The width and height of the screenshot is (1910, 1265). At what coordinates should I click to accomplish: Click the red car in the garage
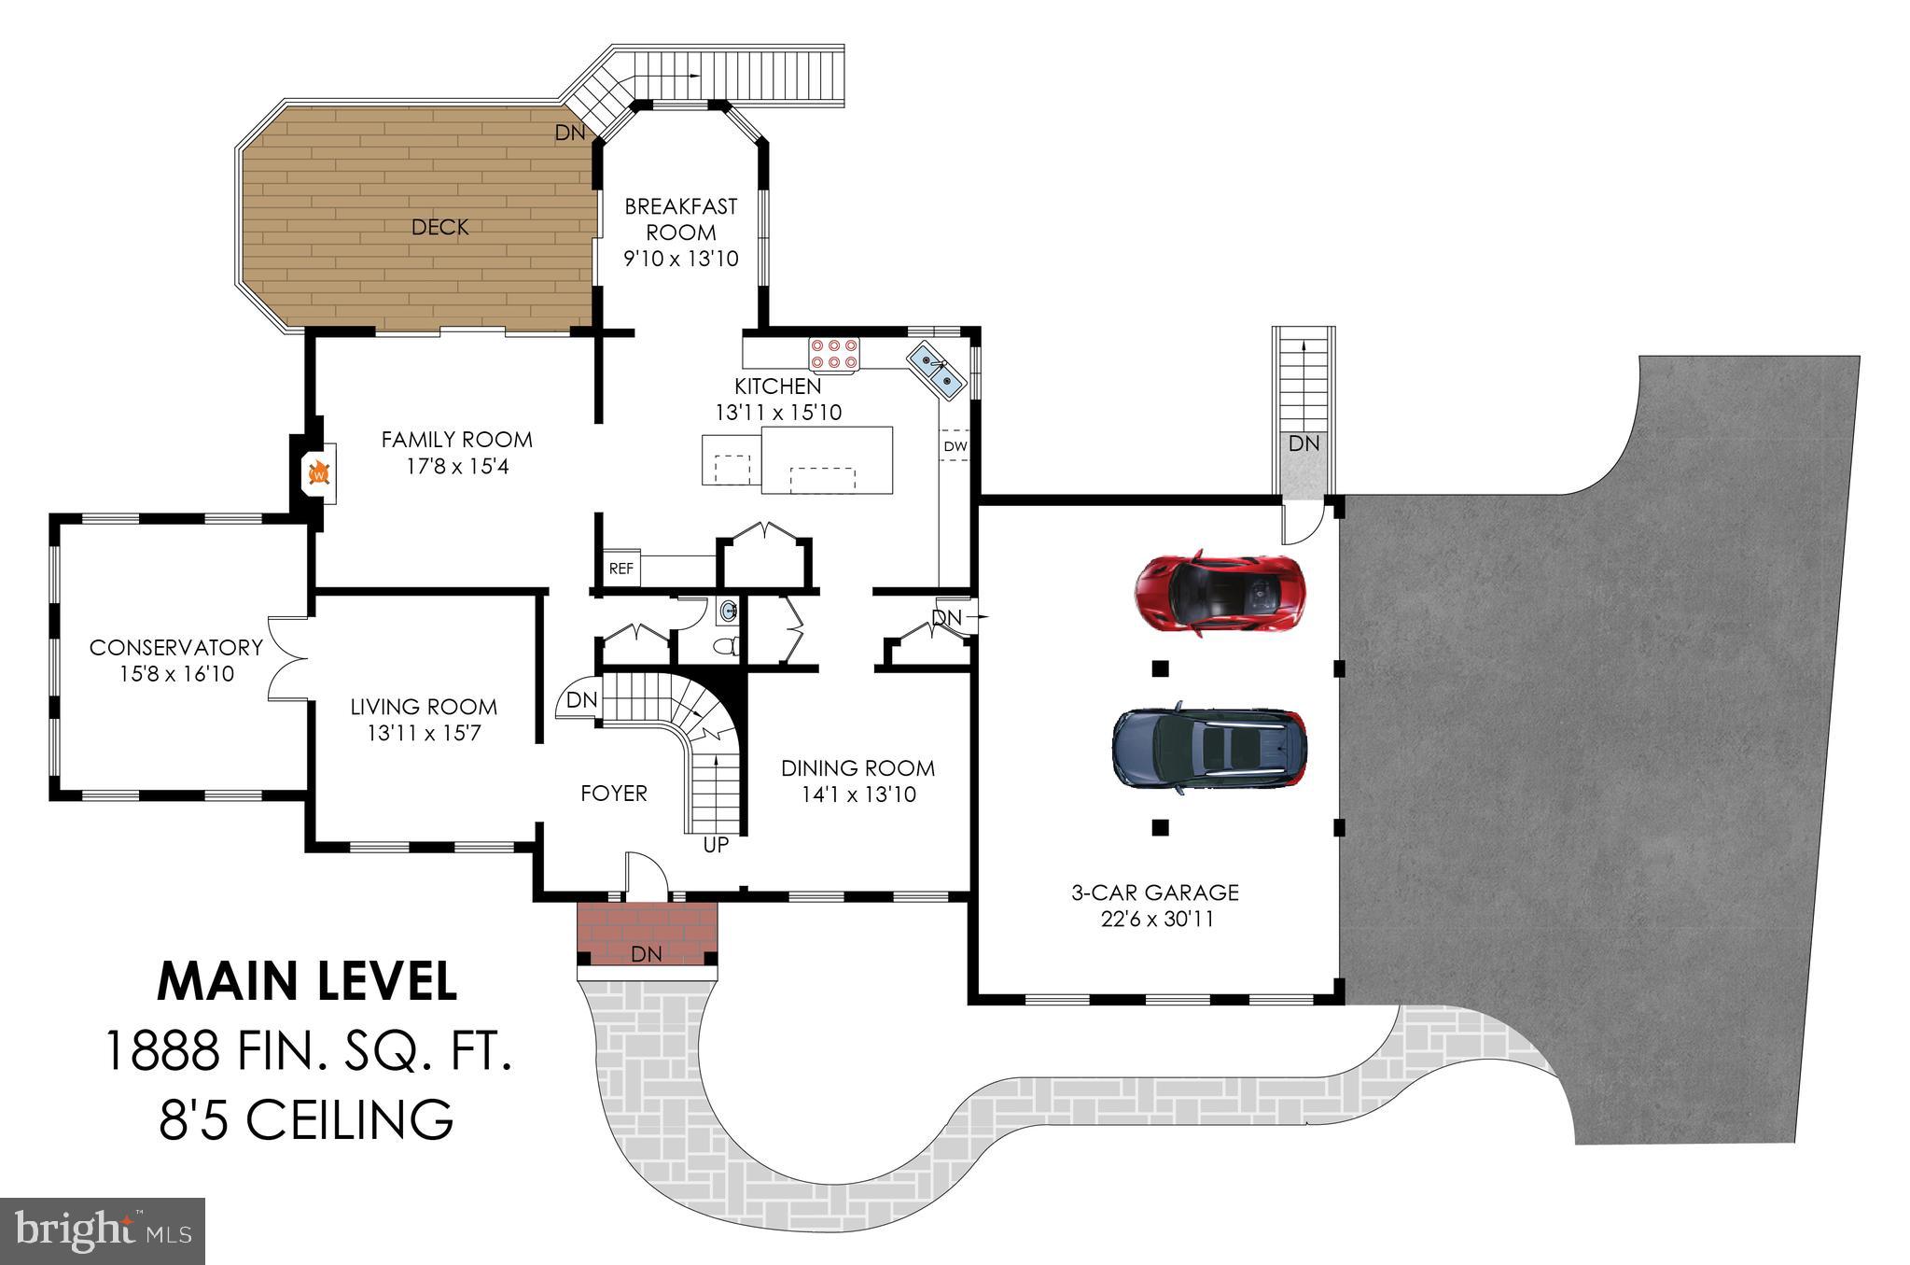[x=1219, y=592]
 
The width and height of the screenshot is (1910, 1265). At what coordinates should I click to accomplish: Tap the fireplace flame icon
[x=318, y=473]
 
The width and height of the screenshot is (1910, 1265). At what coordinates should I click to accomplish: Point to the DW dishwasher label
[x=955, y=446]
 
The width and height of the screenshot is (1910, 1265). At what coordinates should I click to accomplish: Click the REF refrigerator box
[x=621, y=568]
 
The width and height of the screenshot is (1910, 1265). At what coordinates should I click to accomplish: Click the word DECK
[x=439, y=227]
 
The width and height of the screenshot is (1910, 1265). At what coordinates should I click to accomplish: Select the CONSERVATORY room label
[x=176, y=647]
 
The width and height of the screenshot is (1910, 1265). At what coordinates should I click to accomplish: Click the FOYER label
[x=614, y=794]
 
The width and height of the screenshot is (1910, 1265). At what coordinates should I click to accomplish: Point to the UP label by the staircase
[x=716, y=846]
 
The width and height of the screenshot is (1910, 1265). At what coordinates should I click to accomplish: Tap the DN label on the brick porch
[x=647, y=953]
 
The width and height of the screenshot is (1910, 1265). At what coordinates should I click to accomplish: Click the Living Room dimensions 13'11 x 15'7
[x=424, y=734]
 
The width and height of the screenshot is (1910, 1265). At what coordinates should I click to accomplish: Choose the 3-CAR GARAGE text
[x=1155, y=893]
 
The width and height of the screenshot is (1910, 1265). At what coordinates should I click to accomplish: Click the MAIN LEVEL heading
[x=308, y=980]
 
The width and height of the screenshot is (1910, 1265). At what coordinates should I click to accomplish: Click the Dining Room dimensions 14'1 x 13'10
[x=858, y=794]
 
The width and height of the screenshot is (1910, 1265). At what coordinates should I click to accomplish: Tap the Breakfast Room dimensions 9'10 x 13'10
[x=681, y=259]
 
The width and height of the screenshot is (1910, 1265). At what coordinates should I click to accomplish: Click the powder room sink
[x=728, y=612]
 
